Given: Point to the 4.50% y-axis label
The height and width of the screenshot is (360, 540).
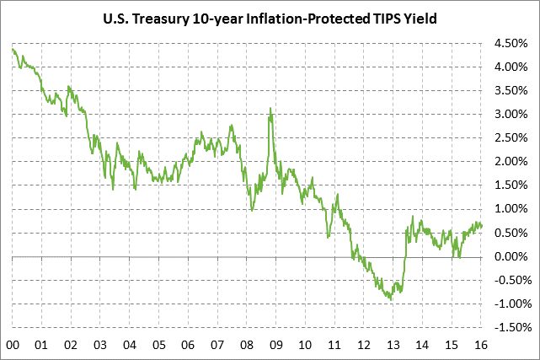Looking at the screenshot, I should pyautogui.click(x=511, y=43).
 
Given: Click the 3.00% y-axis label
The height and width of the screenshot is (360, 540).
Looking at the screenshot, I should pyautogui.click(x=511, y=114).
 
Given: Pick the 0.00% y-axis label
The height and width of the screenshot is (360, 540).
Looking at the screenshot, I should pyautogui.click(x=511, y=256).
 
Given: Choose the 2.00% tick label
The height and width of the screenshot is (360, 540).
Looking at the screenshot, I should pyautogui.click(x=511, y=161).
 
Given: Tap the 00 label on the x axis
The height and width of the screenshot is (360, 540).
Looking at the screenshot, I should pyautogui.click(x=13, y=344).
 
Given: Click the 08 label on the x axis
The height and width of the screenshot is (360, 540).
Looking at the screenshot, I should pyautogui.click(x=247, y=344).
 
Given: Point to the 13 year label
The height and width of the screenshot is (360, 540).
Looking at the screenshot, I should pyautogui.click(x=393, y=344).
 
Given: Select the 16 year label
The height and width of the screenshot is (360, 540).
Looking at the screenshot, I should pyautogui.click(x=481, y=344).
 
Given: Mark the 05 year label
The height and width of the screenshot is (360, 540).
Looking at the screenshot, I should pyautogui.click(x=158, y=344).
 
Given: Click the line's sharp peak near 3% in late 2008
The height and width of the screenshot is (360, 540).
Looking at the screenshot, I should pyautogui.click(x=270, y=108).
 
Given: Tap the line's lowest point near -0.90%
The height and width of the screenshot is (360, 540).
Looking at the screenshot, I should pyautogui.click(x=391, y=299).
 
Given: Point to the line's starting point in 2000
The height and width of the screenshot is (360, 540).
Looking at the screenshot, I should pyautogui.click(x=13, y=49).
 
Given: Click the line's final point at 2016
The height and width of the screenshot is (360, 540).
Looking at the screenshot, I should pyautogui.click(x=482, y=225).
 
